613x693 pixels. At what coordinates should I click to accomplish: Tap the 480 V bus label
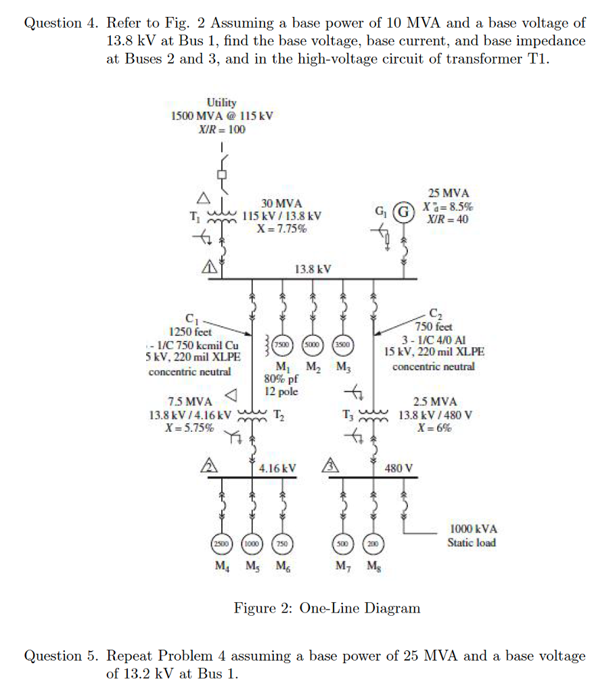pos(399,468)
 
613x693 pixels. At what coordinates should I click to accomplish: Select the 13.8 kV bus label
pos(313,269)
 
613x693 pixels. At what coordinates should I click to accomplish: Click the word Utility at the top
pos(222,102)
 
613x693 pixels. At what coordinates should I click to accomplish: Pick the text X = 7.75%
pos(281,229)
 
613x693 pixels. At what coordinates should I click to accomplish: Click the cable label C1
pos(191,319)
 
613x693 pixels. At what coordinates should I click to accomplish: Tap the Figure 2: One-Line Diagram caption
pos(327,608)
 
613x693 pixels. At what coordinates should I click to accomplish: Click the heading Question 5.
pos(62,656)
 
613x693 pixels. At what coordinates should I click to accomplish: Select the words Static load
pos(471,543)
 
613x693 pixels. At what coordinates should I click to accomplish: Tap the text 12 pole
pos(281,392)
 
